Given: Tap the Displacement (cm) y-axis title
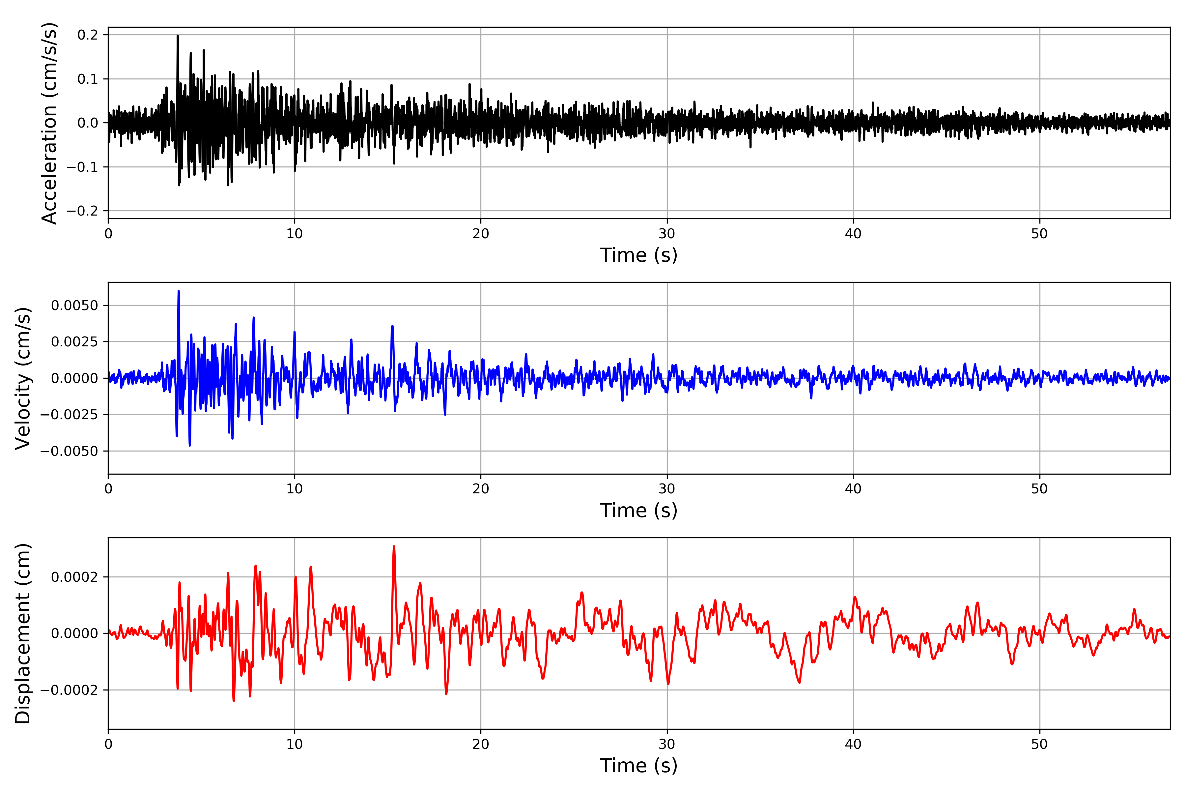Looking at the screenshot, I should point(23,633).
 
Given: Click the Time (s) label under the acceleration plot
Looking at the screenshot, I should point(638,255).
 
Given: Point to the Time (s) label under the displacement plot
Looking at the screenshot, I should point(638,765).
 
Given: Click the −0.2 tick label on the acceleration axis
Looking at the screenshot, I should point(82,211).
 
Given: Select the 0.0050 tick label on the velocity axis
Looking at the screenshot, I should point(75,305).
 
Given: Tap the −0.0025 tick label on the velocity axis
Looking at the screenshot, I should point(69,415).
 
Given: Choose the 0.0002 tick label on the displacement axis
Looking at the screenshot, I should point(75,576).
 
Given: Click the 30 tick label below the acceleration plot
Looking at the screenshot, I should point(666,234).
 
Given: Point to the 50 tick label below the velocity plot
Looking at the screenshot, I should point(1039,489).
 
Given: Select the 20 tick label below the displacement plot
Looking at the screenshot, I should point(481,744).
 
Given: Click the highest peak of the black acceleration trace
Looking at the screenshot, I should point(178,36).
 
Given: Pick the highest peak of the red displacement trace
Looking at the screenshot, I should point(394,546).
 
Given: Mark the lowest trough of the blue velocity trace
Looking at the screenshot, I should point(190,445).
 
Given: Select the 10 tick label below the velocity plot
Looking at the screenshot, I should point(295,489).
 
